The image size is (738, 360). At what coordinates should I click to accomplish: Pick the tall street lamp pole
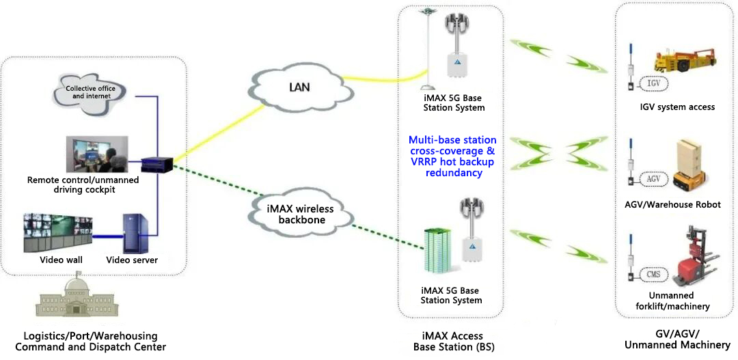(x=428, y=51)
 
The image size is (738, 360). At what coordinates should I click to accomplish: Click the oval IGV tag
(x=654, y=83)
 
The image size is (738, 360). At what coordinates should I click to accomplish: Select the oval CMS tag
(x=654, y=275)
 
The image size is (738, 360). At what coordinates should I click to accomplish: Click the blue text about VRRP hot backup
(x=452, y=156)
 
